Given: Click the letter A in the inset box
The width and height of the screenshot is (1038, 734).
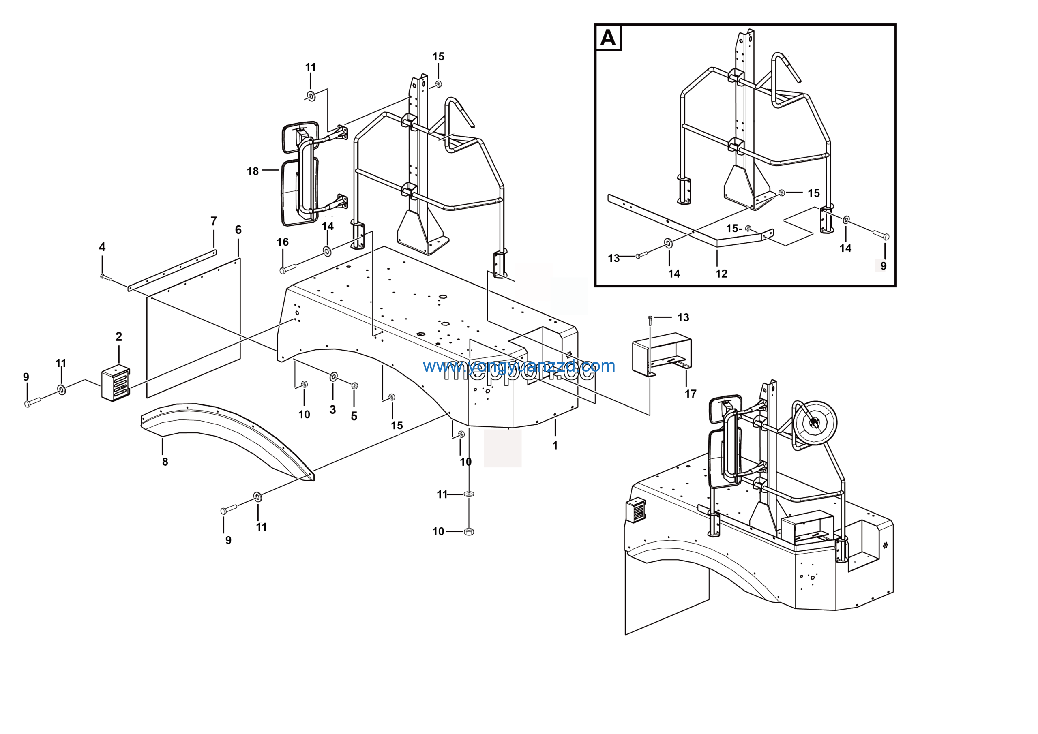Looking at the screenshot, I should [x=608, y=38].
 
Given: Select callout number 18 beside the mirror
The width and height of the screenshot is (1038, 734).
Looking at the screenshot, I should [x=253, y=171].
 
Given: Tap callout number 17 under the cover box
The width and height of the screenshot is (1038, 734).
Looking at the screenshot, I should [x=690, y=394].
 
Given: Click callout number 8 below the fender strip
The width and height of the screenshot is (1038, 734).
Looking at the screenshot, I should [x=165, y=462].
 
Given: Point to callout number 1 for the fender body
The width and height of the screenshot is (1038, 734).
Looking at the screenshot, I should [x=555, y=446].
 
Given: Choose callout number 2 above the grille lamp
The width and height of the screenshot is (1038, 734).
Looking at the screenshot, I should [x=118, y=337].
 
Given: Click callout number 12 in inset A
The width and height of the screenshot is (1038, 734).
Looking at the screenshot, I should [x=721, y=274].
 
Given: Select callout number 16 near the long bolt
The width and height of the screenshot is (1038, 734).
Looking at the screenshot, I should [x=283, y=242].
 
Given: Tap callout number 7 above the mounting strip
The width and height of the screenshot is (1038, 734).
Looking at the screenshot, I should [x=213, y=221].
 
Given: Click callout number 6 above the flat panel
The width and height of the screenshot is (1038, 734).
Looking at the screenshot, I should [x=238, y=230].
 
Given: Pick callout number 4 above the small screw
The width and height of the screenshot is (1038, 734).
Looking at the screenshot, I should [x=102, y=247].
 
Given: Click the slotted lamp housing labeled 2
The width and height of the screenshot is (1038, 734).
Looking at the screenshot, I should [x=116, y=384].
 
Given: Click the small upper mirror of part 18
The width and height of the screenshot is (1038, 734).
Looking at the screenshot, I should [x=299, y=137].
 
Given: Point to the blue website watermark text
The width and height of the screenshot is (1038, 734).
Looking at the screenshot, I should [x=519, y=366].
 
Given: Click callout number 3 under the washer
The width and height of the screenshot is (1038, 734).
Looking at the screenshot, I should [x=333, y=409].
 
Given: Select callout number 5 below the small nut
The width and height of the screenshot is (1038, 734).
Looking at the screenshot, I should [x=354, y=416].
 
